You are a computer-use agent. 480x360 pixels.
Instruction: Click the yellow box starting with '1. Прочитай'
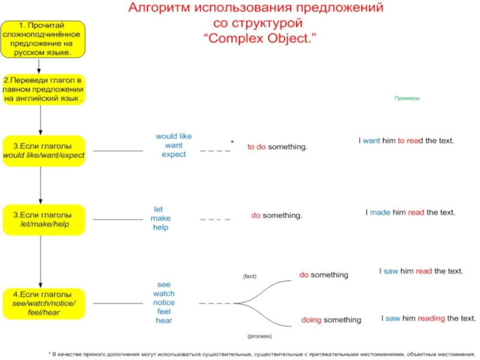pyautogui.click(x=42, y=40)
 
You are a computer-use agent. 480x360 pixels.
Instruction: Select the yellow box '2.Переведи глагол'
pyautogui.click(x=43, y=89)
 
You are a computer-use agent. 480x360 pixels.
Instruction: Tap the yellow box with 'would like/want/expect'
pyautogui.click(x=44, y=151)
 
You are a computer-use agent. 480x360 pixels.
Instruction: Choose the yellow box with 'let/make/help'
pyautogui.click(x=44, y=219)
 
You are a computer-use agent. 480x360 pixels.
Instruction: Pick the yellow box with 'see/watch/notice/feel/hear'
pyautogui.click(x=44, y=304)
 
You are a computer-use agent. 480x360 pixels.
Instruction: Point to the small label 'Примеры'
pyautogui.click(x=407, y=98)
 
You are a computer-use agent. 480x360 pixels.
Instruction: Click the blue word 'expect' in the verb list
pyautogui.click(x=174, y=155)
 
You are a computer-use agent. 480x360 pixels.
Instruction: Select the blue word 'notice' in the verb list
pyautogui.click(x=164, y=302)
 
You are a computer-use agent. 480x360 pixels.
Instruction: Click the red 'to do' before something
pyautogui.click(x=256, y=147)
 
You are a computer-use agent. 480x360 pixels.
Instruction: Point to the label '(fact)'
pyautogui.click(x=250, y=276)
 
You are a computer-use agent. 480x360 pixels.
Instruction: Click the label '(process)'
pyautogui.click(x=259, y=336)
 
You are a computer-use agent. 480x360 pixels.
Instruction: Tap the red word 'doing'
pyautogui.click(x=311, y=320)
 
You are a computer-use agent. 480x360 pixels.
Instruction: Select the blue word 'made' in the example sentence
pyautogui.click(x=380, y=212)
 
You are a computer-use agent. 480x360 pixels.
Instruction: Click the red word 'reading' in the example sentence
pyautogui.click(x=431, y=318)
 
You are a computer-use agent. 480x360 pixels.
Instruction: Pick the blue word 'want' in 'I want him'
pyautogui.click(x=371, y=141)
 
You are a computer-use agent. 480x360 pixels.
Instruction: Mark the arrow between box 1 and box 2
pyautogui.click(x=39, y=66)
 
